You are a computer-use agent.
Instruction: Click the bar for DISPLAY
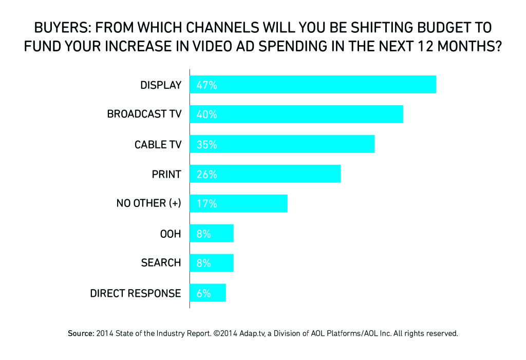313,85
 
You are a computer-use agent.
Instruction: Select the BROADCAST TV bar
297,115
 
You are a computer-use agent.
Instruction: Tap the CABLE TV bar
283,144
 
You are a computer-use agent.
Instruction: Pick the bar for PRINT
266,174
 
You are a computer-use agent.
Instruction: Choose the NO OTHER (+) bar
239,203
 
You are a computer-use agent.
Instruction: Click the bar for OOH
212,233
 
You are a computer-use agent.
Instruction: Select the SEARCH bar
212,262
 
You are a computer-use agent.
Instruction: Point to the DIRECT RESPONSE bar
208,293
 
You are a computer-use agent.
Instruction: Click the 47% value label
206,85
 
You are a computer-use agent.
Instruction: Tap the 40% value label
206,115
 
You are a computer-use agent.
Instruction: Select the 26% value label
206,174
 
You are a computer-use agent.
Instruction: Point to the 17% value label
206,204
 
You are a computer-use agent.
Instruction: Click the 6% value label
204,293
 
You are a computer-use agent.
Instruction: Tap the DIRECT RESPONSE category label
136,293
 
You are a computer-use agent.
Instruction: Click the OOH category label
171,234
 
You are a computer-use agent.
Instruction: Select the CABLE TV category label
158,145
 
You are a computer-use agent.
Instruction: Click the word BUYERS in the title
58,27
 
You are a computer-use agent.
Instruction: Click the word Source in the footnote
81,333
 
